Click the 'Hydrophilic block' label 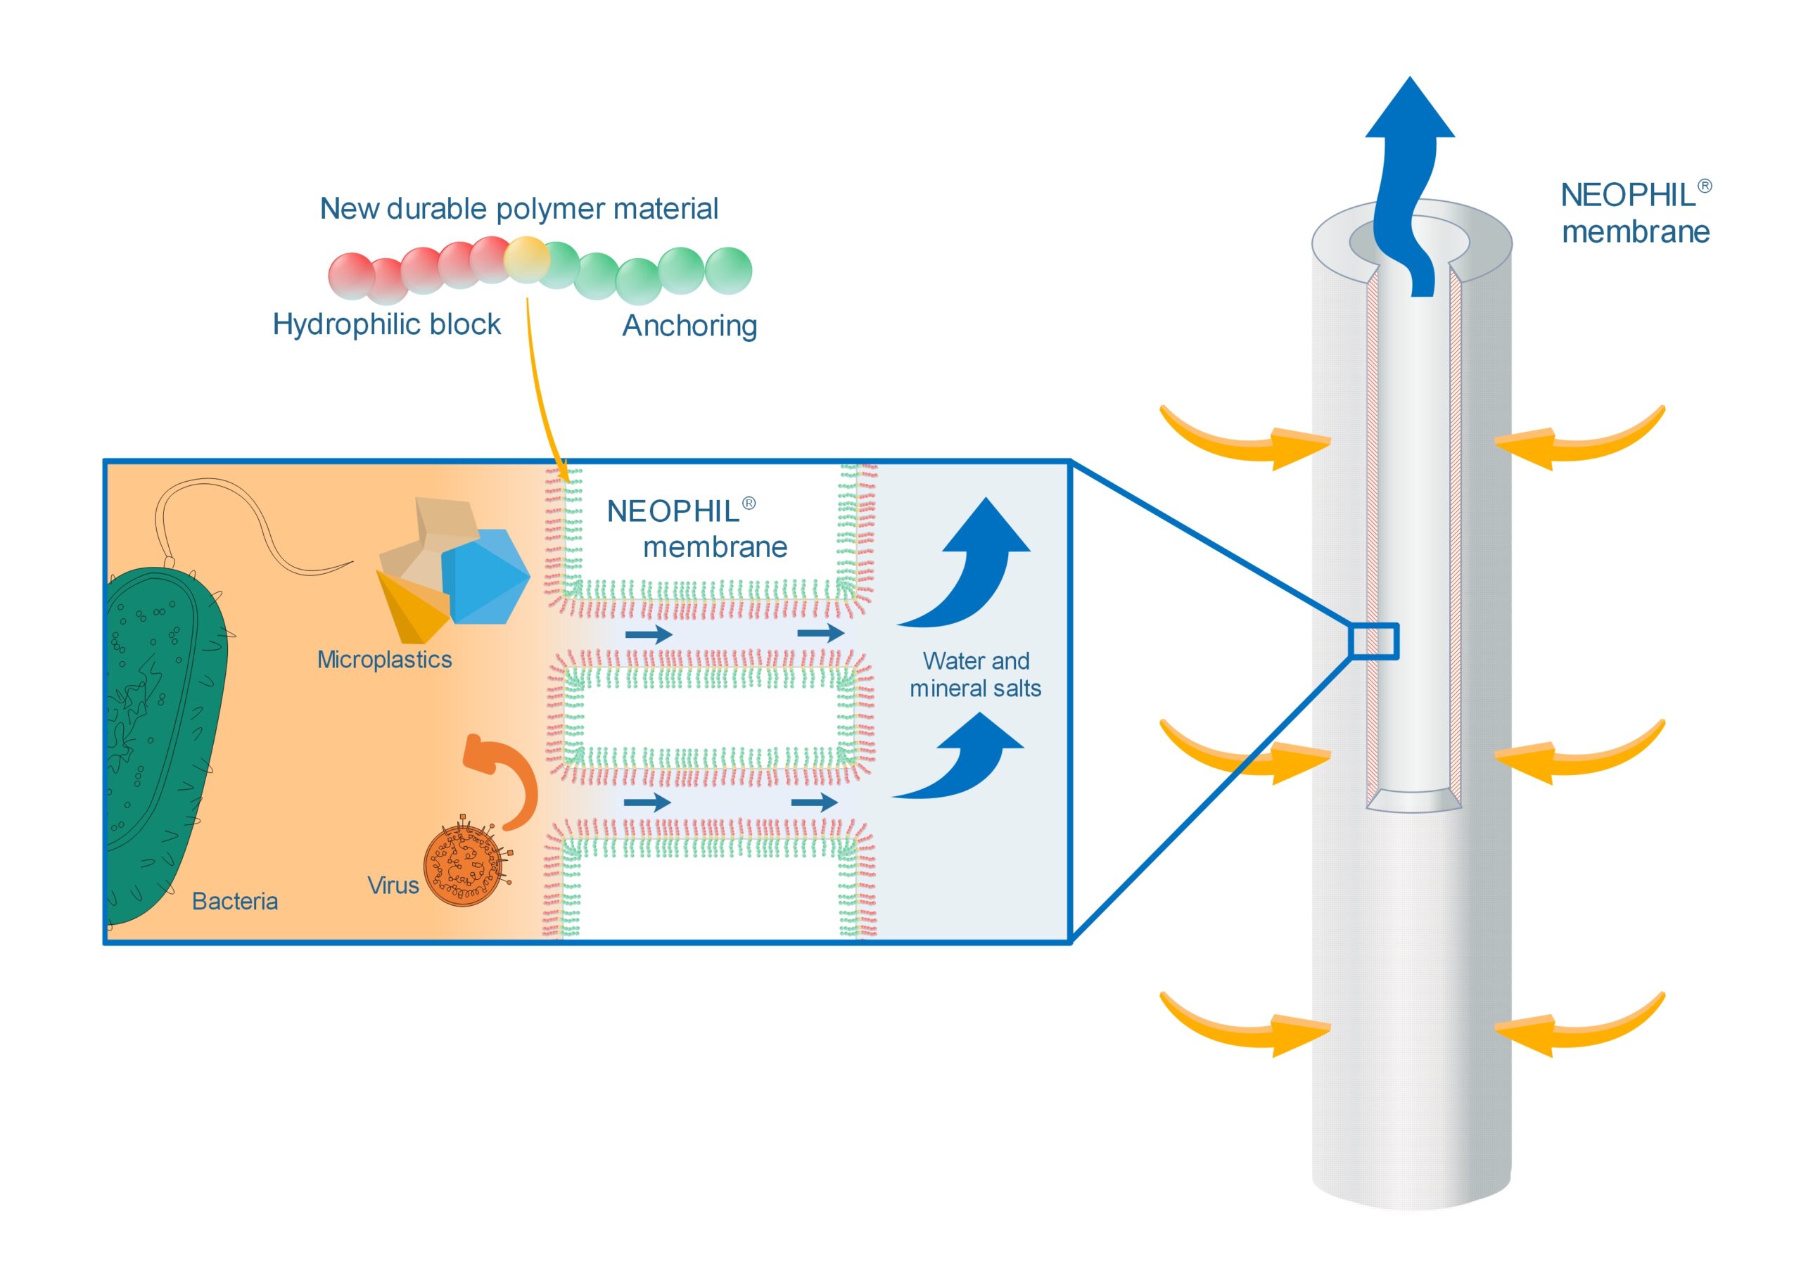(387, 325)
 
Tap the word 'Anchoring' (689, 326)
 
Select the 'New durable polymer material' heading (518, 209)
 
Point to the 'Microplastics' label (384, 660)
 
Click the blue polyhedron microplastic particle (486, 576)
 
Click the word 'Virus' (393, 885)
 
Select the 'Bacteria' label (234, 901)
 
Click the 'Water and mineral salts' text (976, 674)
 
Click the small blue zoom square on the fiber (1374, 641)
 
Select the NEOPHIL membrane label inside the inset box (696, 529)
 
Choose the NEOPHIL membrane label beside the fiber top (1636, 213)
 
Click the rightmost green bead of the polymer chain (729, 271)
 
